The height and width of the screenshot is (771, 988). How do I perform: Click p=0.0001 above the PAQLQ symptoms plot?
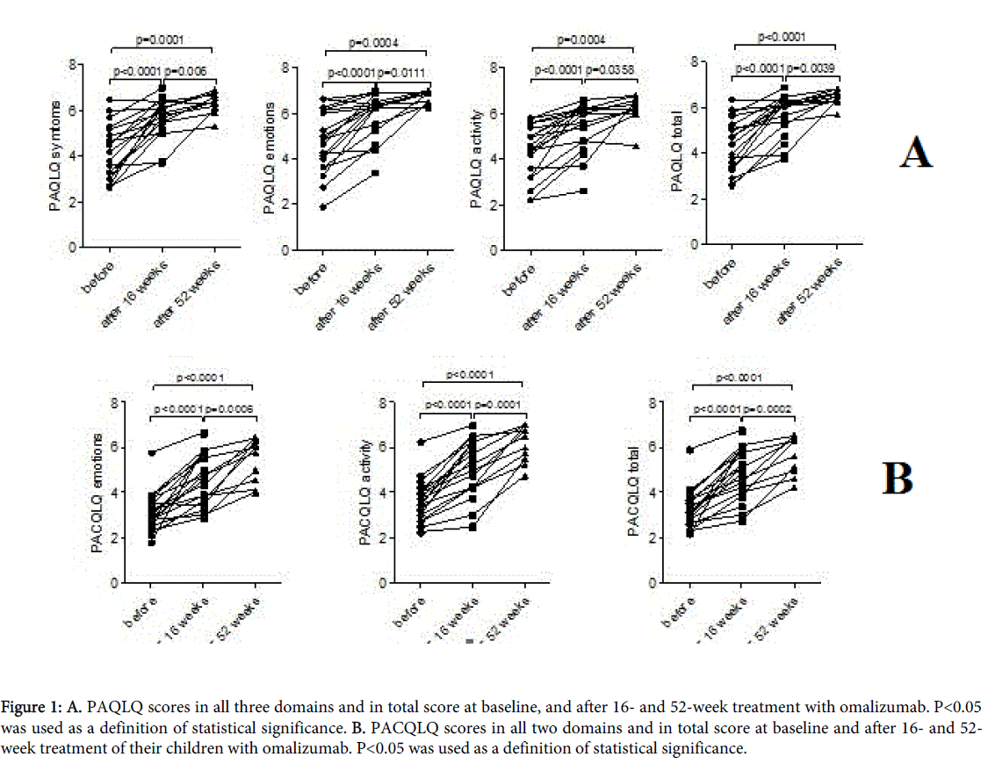click(162, 40)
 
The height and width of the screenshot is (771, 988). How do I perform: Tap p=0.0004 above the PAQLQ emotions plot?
click(377, 42)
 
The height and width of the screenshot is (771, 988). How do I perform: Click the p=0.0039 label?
click(812, 68)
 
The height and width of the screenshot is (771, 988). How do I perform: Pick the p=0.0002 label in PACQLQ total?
click(769, 408)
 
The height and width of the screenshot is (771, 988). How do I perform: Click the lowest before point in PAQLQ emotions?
click(323, 207)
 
